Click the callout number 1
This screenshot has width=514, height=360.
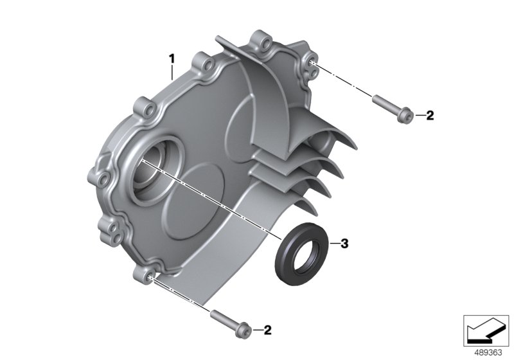click(x=172, y=59)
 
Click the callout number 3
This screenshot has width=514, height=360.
click(x=344, y=244)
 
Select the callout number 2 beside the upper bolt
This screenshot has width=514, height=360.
click(x=430, y=116)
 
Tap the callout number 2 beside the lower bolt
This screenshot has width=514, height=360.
click(x=267, y=330)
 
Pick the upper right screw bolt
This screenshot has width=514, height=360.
click(x=391, y=109)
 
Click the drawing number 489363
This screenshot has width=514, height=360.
click(x=488, y=353)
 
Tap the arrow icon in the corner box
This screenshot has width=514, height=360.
click(x=486, y=330)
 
